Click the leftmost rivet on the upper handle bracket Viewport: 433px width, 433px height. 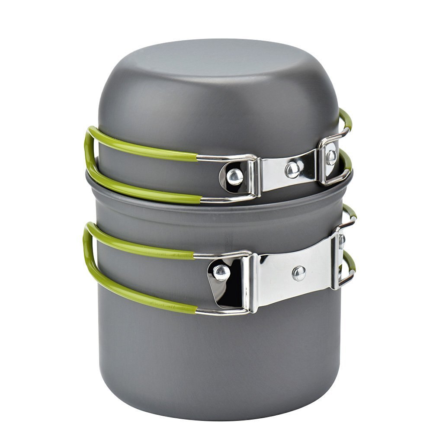point(234,176)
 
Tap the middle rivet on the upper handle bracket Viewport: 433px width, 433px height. point(293,169)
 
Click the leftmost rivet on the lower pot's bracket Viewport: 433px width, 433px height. point(221,272)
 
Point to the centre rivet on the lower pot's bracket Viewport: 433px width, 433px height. point(298,273)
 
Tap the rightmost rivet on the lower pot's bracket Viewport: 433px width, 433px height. point(342,241)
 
